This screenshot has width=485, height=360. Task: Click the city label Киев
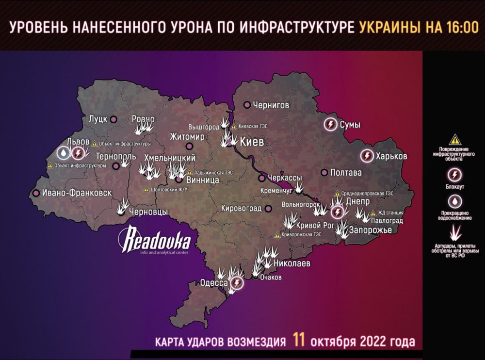pyautogui.click(x=252, y=142)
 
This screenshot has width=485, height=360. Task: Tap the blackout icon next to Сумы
pyautogui.click(x=331, y=125)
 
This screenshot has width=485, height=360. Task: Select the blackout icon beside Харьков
pyautogui.click(x=367, y=157)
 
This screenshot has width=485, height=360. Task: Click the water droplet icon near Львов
pyautogui.click(x=63, y=153)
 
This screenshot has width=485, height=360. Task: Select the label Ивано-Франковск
pyautogui.click(x=77, y=193)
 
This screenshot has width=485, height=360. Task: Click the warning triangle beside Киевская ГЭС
pyautogui.click(x=234, y=127)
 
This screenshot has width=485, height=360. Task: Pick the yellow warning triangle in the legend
pyautogui.click(x=454, y=139)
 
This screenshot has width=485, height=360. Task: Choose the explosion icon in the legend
pyautogui.click(x=454, y=233)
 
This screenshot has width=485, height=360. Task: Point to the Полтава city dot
pyautogui.click(x=324, y=172)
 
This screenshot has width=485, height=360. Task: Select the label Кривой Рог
pyautogui.click(x=315, y=225)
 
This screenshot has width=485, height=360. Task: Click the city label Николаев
pyautogui.click(x=291, y=263)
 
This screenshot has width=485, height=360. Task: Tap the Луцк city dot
pyautogui.click(x=113, y=119)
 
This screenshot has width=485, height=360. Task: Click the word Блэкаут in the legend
pyautogui.click(x=454, y=186)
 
